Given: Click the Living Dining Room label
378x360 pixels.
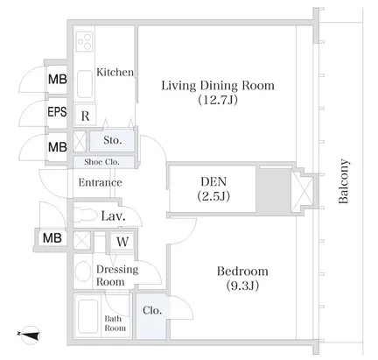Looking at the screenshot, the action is click(218, 86).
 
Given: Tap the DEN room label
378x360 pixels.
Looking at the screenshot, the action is click(213, 181).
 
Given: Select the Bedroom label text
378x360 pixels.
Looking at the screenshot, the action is click(242, 272).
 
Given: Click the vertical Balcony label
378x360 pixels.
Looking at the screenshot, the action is click(343, 181).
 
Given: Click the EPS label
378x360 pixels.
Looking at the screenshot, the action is click(57, 111).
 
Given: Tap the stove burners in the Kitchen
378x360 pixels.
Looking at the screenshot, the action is click(85, 41).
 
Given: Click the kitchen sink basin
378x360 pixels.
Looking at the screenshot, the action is click(85, 84).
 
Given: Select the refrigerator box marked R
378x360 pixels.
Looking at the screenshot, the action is click(85, 116).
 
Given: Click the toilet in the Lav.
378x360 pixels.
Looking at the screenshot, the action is click(85, 216).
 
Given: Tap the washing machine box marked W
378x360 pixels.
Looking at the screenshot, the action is click(122, 242).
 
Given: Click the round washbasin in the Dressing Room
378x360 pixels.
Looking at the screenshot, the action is click(83, 272).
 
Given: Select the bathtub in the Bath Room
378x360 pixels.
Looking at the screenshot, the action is click(87, 316).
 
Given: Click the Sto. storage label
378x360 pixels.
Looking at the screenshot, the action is click(113, 140).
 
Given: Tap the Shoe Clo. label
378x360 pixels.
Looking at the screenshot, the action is click(101, 162).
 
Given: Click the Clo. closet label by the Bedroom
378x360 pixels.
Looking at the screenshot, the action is click(152, 310).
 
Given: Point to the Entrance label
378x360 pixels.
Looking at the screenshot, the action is click(100, 182).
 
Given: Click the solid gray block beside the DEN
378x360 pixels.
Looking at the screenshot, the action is click(274, 190).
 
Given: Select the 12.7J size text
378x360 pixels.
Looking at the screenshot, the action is click(218, 100).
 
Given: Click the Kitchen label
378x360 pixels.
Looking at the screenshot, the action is click(115, 72).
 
